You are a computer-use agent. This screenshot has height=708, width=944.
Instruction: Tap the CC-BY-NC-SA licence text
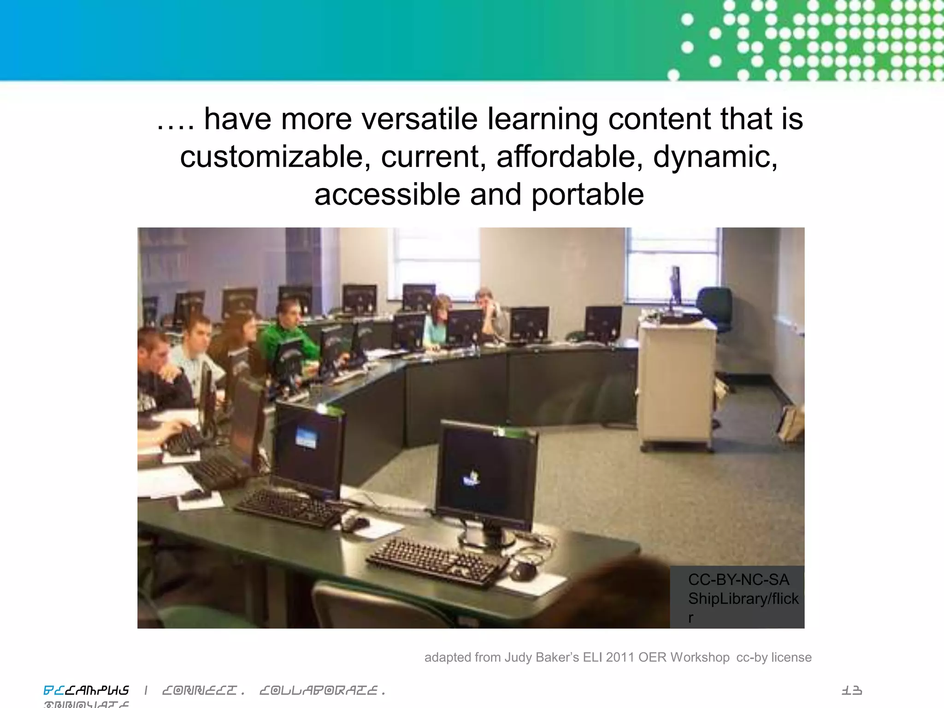[738, 579]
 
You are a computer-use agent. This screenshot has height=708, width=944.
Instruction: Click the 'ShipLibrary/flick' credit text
[743, 598]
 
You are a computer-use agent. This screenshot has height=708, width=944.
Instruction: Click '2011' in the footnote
[620, 657]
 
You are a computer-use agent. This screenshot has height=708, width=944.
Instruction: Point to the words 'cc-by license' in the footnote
[774, 657]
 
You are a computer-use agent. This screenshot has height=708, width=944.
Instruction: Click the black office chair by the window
[716, 309]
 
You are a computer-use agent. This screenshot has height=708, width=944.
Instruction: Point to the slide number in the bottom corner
[851, 690]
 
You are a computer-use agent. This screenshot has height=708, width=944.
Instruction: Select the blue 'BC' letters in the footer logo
[53, 690]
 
